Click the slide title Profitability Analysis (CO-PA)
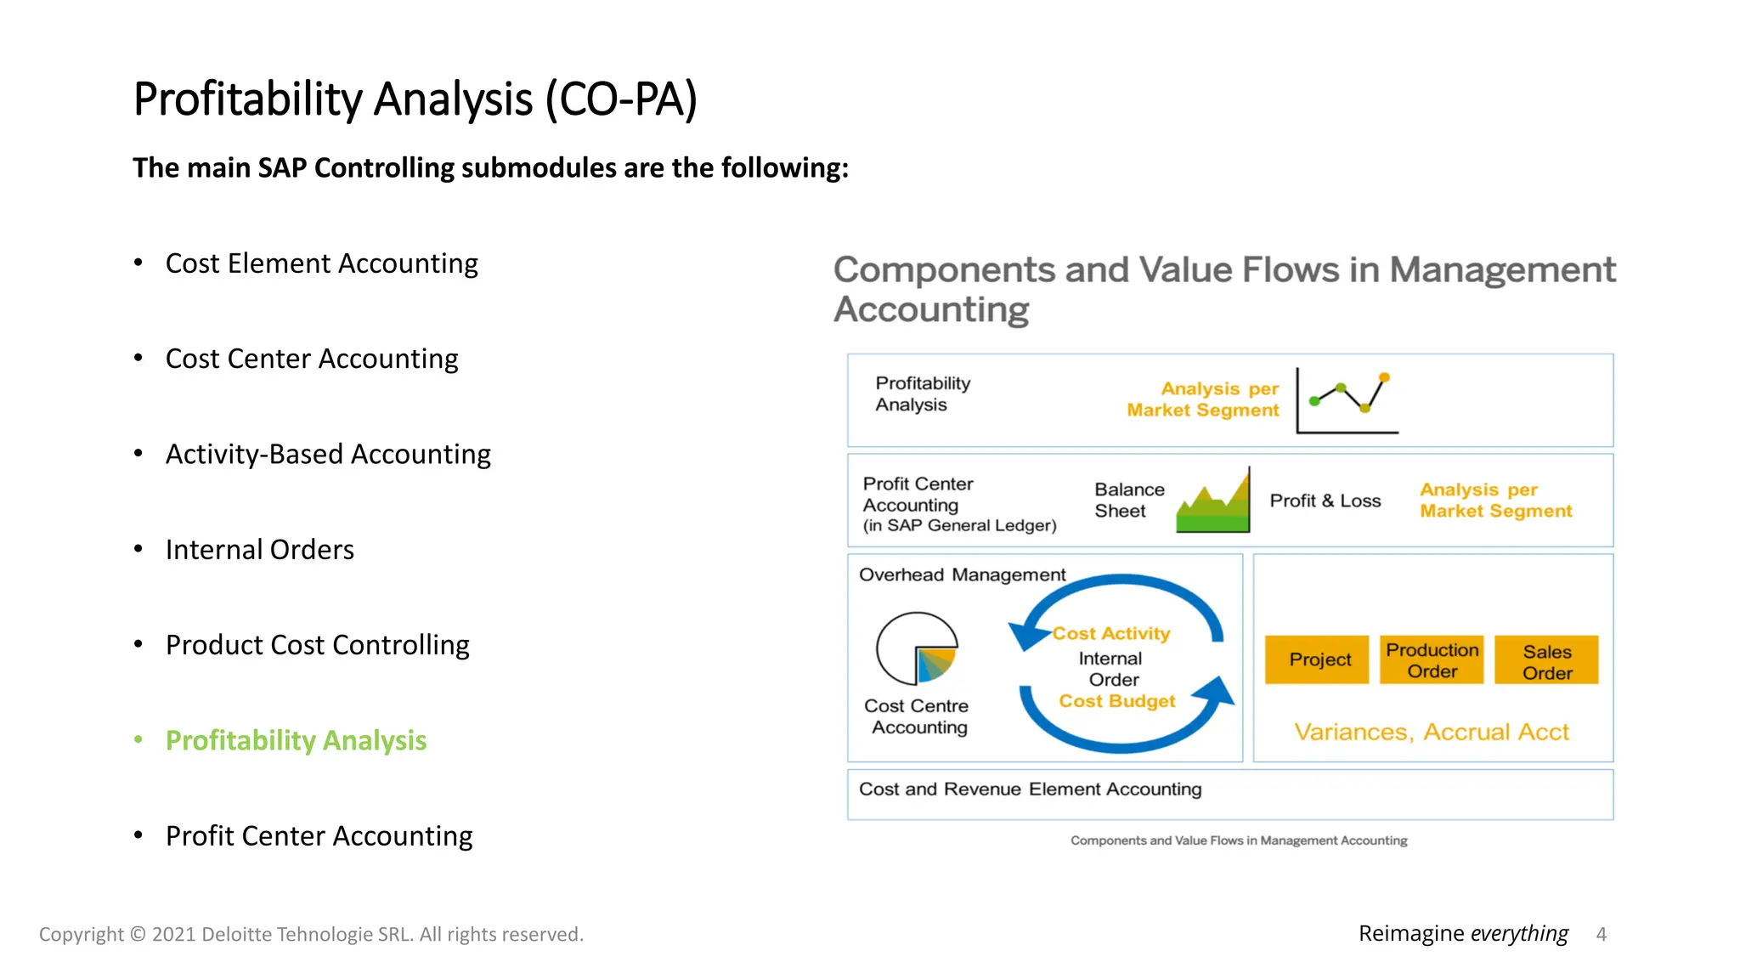tap(415, 99)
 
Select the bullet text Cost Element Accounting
tap(321, 263)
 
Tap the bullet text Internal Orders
tap(259, 550)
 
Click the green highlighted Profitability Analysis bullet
tap(296, 740)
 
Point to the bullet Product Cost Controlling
tap(317, 645)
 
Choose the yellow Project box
tap(1318, 659)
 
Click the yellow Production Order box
tap(1432, 659)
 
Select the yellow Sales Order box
tap(1546, 660)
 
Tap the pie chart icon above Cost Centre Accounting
tap(918, 648)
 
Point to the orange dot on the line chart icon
tap(1384, 376)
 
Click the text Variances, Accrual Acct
tap(1432, 732)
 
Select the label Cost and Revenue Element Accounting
tap(1030, 789)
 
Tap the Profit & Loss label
tap(1325, 501)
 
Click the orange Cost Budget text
tap(1116, 701)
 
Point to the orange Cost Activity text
tap(1111, 633)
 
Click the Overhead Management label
tap(962, 574)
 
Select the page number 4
tap(1601, 934)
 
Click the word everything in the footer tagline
tap(1519, 933)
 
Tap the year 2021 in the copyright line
tap(173, 934)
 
